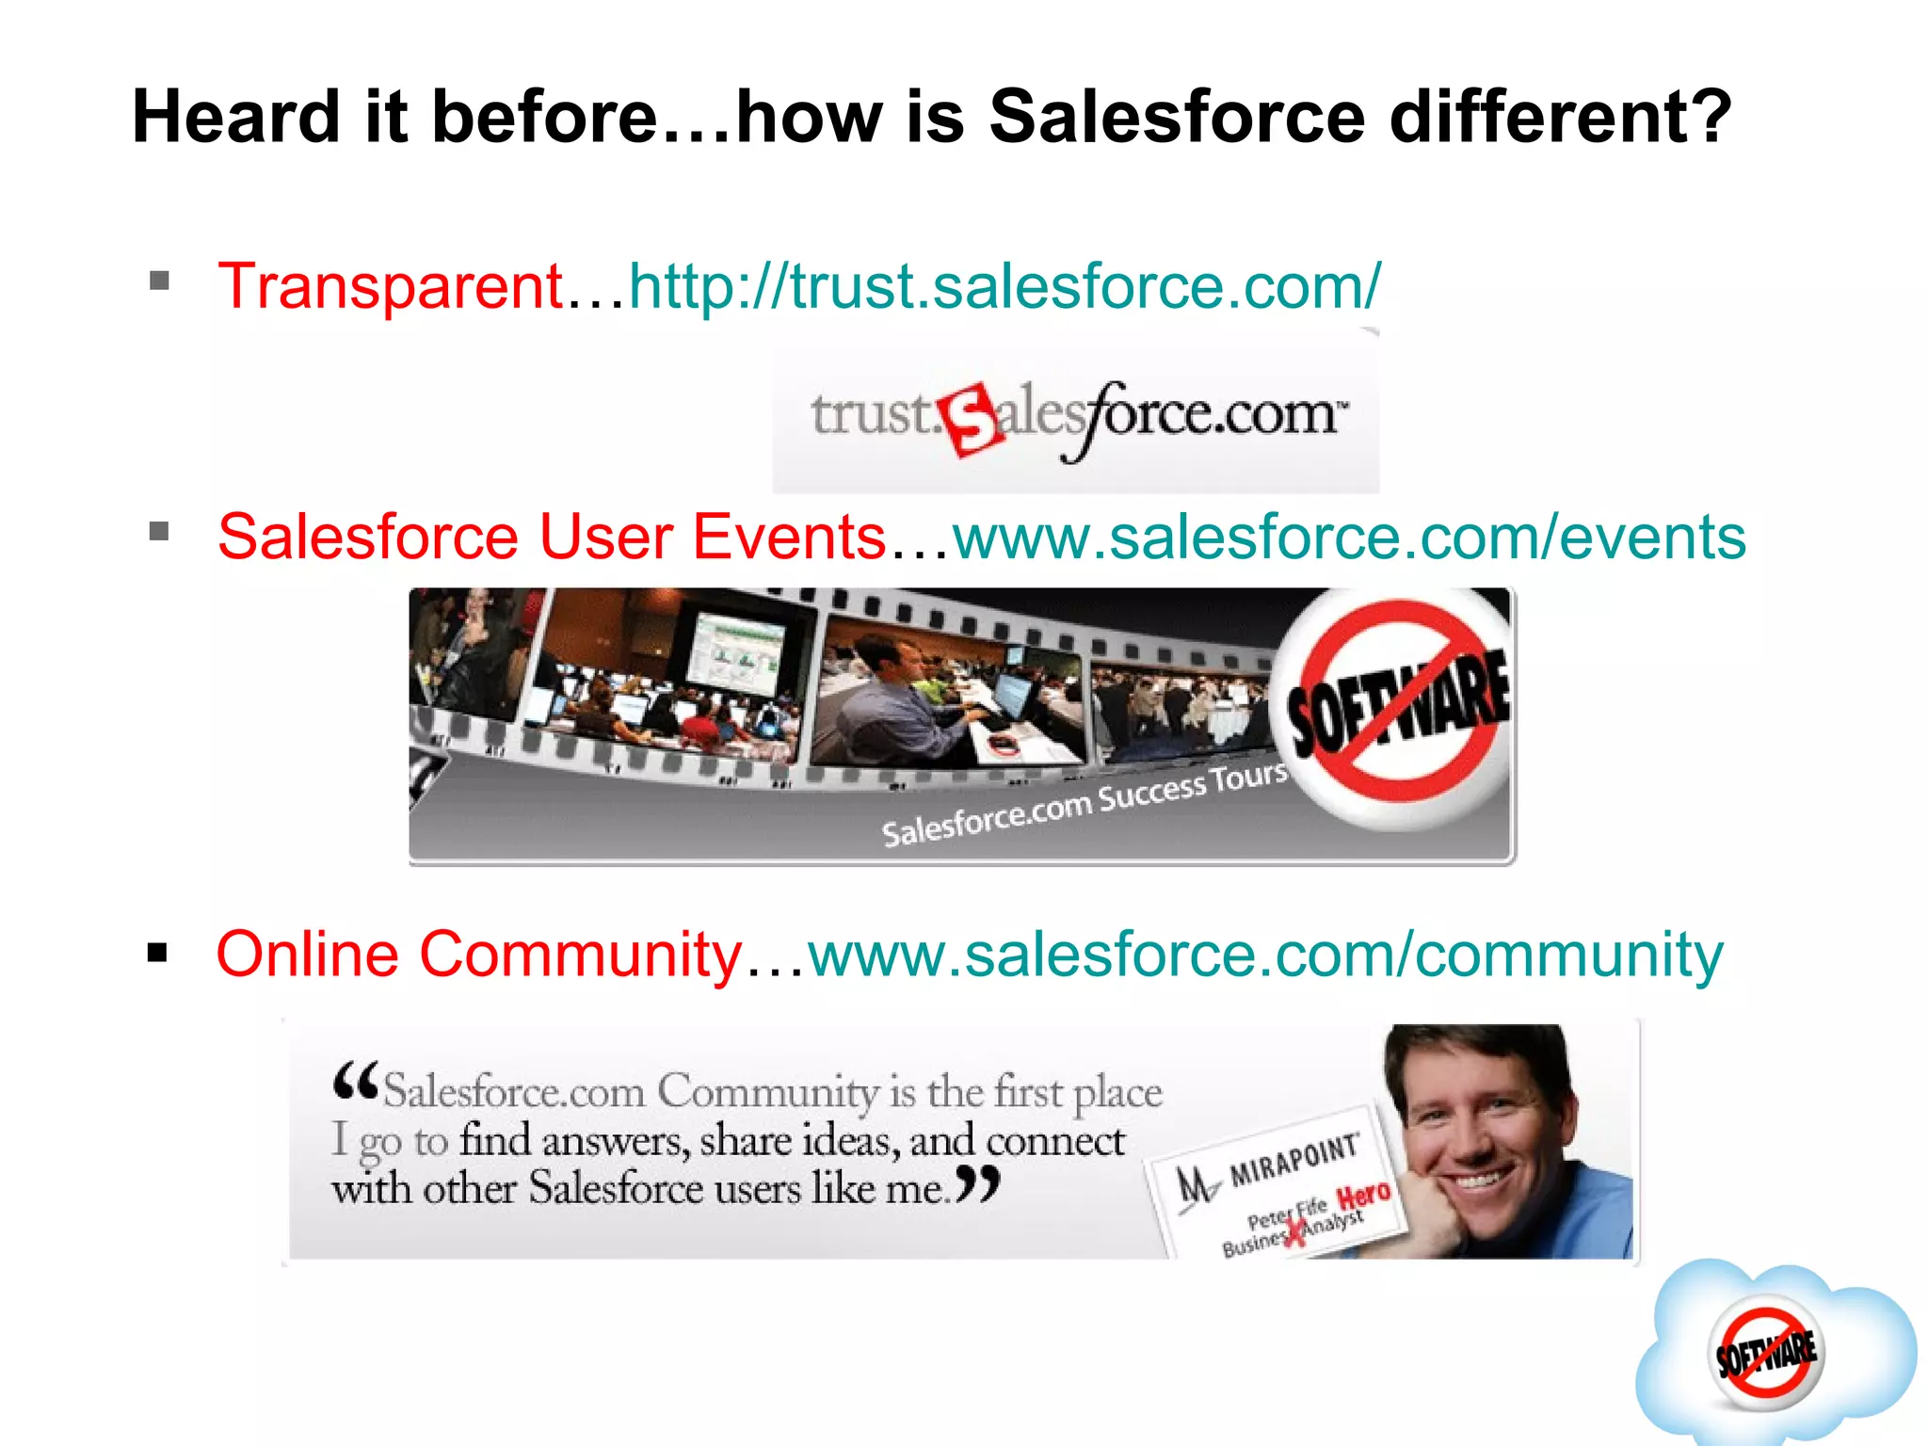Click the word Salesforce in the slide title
(x=1176, y=117)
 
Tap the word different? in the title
(x=1561, y=117)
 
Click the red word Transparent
(x=390, y=286)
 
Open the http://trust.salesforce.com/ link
(x=1004, y=286)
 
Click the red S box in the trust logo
(x=970, y=421)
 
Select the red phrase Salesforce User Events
(x=552, y=538)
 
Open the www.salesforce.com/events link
(x=1349, y=538)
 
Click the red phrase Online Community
(x=479, y=955)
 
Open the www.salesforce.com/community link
(x=1265, y=955)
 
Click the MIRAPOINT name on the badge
(x=1294, y=1161)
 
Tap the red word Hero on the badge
(x=1364, y=1196)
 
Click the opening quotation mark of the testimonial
(x=356, y=1082)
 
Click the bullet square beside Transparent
(x=159, y=281)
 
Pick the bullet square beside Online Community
(x=157, y=953)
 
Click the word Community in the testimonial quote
(x=767, y=1092)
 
